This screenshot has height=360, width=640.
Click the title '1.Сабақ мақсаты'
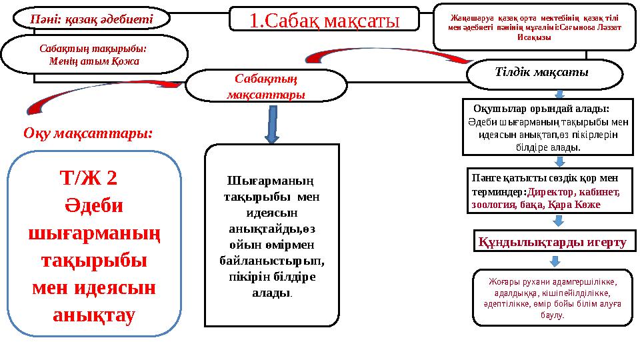tap(324, 19)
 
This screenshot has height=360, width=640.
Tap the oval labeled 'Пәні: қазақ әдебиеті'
tap(92, 19)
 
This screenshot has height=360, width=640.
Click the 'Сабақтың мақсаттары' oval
tap(266, 87)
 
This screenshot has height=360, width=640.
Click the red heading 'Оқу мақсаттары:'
tap(88, 133)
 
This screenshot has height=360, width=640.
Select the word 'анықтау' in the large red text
tap(93, 313)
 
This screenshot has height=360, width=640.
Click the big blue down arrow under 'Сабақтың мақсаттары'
tap(271, 124)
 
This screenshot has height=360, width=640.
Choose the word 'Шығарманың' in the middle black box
tap(271, 181)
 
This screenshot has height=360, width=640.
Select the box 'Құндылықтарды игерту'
tap(553, 241)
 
